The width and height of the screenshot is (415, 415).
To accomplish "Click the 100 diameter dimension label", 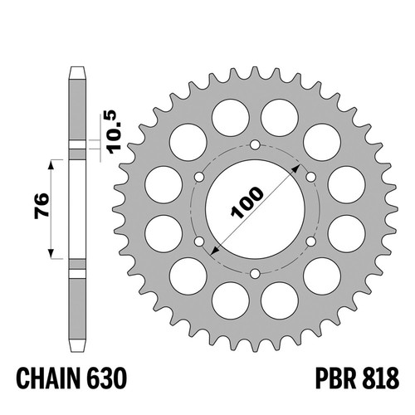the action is click(x=247, y=202).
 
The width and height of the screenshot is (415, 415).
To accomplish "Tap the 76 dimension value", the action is click(x=41, y=206).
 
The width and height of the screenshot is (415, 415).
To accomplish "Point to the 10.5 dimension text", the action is click(x=115, y=132).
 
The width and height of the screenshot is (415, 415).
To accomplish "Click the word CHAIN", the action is click(x=48, y=378).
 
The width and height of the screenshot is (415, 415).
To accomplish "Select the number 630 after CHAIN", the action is click(x=106, y=378).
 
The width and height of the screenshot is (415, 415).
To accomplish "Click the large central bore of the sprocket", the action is click(x=255, y=209).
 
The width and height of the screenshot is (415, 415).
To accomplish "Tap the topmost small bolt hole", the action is click(x=255, y=144).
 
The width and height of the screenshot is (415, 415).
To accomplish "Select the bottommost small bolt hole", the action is click(x=255, y=274).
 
